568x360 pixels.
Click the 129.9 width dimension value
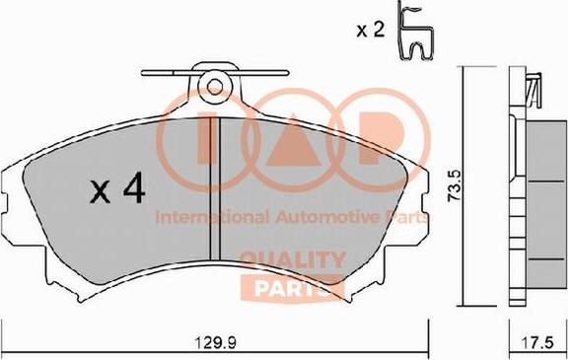(216, 341)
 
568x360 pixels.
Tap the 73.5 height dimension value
(454, 185)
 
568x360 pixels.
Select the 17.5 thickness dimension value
(537, 342)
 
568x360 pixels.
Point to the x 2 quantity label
(370, 30)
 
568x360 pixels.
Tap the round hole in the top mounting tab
(215, 86)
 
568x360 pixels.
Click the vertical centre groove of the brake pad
(215, 189)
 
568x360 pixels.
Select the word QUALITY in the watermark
(293, 260)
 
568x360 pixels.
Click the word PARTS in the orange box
(293, 289)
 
